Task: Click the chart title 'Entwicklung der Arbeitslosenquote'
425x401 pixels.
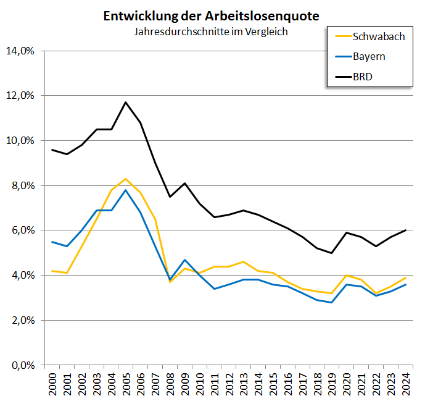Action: [x=212, y=16]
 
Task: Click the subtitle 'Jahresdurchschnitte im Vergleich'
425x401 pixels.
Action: [x=212, y=31]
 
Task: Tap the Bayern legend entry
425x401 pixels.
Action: [x=369, y=57]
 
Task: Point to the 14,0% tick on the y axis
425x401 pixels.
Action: [x=21, y=51]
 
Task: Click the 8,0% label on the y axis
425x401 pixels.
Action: [x=21, y=185]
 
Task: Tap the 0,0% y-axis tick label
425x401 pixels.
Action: [x=21, y=365]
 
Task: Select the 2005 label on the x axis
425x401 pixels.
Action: [x=126, y=385]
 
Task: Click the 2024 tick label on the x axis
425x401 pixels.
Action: [x=406, y=385]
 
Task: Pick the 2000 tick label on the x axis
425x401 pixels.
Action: [x=52, y=385]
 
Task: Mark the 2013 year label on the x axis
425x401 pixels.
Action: [x=244, y=385]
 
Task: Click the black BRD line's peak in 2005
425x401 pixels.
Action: [x=126, y=102]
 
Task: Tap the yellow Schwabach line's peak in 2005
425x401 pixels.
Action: [x=126, y=179]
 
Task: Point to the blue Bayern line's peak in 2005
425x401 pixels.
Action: [x=126, y=190]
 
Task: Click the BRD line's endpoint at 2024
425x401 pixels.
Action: [x=405, y=230]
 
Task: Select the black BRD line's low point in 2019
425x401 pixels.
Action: [x=332, y=253]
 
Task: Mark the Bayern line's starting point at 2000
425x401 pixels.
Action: [x=52, y=242]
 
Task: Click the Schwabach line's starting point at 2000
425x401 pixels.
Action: [x=52, y=271]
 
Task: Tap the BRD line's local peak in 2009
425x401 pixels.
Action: [x=185, y=183]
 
